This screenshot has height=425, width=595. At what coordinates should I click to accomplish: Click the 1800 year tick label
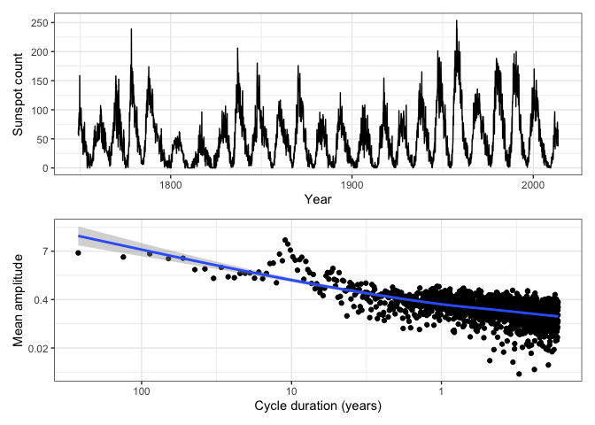(171, 185)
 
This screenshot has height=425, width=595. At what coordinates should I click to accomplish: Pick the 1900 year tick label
(352, 185)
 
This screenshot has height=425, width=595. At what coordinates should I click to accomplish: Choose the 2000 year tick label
(532, 185)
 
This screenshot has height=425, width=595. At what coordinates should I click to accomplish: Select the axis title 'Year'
(318, 200)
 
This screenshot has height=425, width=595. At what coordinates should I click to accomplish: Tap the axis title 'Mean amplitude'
(17, 299)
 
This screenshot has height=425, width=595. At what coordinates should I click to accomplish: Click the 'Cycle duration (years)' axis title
(318, 406)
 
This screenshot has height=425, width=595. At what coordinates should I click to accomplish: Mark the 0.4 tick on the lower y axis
(41, 299)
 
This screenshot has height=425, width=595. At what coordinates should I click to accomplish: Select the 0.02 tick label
(38, 348)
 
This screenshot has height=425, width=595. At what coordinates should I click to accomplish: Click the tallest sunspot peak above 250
(457, 21)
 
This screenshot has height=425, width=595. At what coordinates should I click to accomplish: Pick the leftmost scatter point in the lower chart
(78, 252)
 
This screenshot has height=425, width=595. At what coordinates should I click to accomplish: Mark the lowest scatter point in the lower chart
(518, 374)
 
